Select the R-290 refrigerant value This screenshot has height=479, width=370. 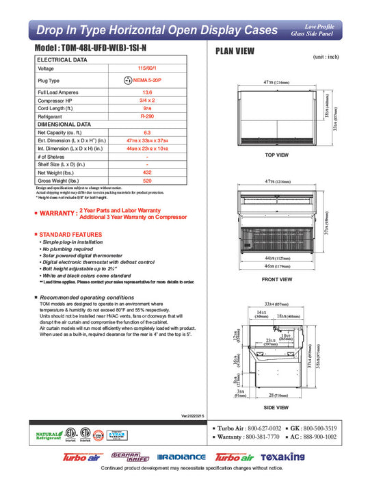click(146, 117)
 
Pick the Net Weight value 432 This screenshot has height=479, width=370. click(146, 172)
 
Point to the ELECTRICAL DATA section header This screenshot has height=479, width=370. click(63, 60)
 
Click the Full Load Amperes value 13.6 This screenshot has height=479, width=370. click(146, 92)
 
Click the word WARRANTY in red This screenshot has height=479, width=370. click(57, 213)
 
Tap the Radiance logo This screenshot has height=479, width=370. click(181, 456)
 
